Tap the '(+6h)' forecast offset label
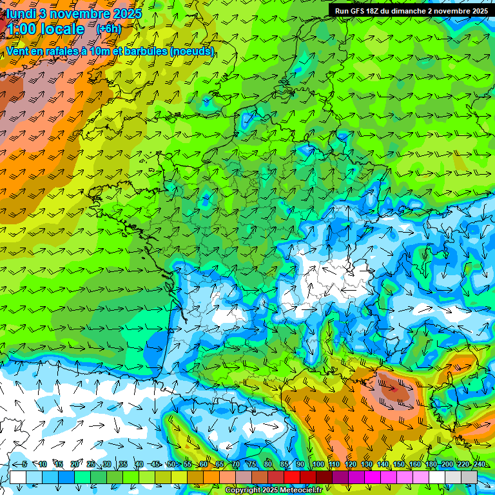pyautogui.click(x=108, y=28)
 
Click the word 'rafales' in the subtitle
pyautogui.click(x=62, y=51)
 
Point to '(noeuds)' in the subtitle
pyautogui.click(x=191, y=51)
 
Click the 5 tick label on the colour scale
pyautogui.click(x=24, y=465)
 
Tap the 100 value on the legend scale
pyautogui.click(x=318, y=465)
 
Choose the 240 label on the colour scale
pyautogui.click(x=480, y=465)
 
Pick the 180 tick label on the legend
pyautogui.click(x=431, y=465)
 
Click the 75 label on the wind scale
pyautogui.click(x=252, y=465)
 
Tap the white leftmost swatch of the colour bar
pyautogui.click(x=18, y=477)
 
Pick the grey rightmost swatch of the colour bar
pyautogui.click(x=469, y=477)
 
